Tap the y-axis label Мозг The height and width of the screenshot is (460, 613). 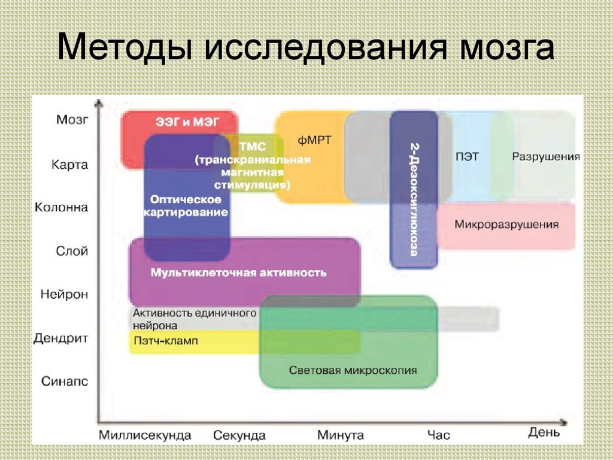pos(72,119)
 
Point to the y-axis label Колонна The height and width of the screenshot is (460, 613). pos(61,207)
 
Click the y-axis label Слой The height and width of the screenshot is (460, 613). pos(72,251)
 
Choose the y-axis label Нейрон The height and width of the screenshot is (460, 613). pos(64,294)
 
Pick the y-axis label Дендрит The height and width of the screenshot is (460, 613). pos(60,338)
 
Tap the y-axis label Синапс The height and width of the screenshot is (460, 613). pos(65,382)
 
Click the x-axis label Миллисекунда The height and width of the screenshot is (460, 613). pos(145,435)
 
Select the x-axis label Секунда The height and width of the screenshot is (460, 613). pos(239,435)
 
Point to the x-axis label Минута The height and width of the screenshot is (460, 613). pos(341,435)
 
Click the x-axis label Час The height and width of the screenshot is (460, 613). pos(439,435)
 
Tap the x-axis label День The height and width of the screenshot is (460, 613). pos(544,432)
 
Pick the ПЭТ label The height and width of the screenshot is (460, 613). pos(467,157)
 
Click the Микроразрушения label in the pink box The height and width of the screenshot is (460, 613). pos(506,225)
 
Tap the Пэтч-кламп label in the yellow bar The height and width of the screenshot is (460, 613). pos(165,341)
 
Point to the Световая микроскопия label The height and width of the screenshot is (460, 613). pos(353,370)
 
